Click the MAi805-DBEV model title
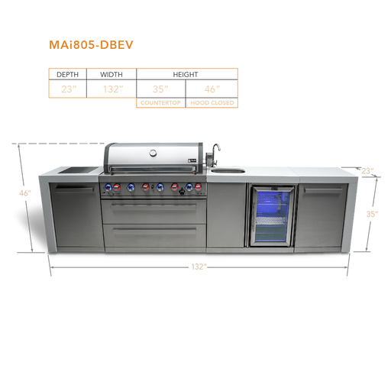91,45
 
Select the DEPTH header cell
67,74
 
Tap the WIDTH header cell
111,74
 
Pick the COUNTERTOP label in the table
160,103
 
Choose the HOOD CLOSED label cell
212,103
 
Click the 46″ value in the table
212,89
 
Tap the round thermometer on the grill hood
153,153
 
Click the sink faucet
215,154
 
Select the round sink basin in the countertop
228,170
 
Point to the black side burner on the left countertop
79,170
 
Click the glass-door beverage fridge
272,216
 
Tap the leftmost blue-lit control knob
108,188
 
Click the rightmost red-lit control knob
199,188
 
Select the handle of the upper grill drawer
153,208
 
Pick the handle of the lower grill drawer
154,231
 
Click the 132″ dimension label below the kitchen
199,267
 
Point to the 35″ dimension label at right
372,214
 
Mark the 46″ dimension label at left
25,193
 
